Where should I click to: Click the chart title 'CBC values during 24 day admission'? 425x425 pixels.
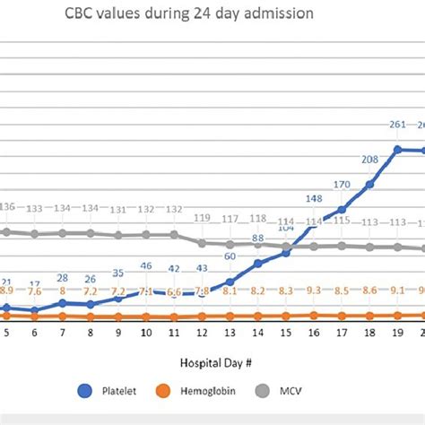click(x=207, y=14)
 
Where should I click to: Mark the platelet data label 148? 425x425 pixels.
click(x=314, y=199)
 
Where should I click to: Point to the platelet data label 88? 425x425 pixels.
click(x=257, y=239)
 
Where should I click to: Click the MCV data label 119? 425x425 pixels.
click(x=202, y=218)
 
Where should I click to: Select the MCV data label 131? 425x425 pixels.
click(x=118, y=210)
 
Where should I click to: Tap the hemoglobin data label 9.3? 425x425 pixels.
click(x=314, y=291)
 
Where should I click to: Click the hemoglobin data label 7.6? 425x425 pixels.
click(x=34, y=291)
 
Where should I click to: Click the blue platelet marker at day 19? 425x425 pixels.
click(x=397, y=150)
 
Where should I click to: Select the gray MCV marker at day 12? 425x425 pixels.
click(x=202, y=243)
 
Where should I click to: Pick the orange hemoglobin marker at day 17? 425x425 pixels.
click(x=342, y=316)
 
